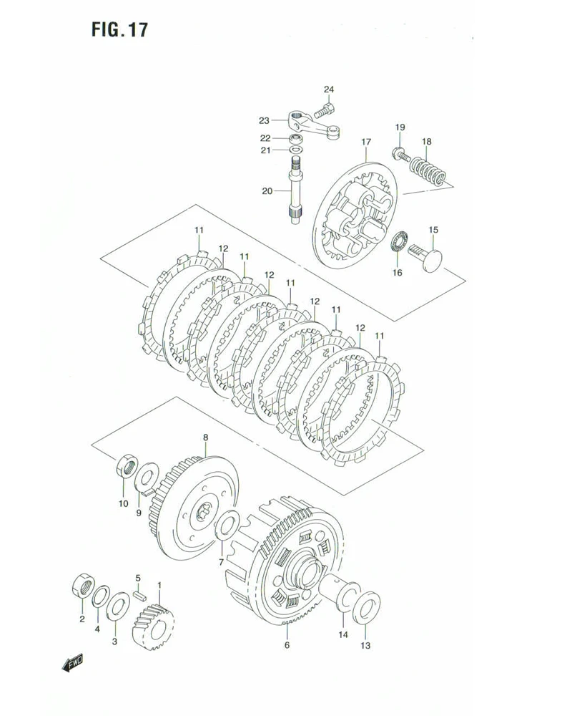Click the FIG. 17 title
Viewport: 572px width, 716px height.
pyautogui.click(x=119, y=30)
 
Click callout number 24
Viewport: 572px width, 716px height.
pyautogui.click(x=328, y=89)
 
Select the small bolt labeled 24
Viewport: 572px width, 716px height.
pyautogui.click(x=326, y=110)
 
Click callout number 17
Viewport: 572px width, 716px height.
pyautogui.click(x=365, y=142)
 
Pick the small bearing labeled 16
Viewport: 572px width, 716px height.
pyautogui.click(x=399, y=241)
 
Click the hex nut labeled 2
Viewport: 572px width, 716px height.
pyautogui.click(x=82, y=586)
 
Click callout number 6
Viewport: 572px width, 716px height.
pyautogui.click(x=287, y=645)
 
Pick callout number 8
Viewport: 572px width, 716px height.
pyautogui.click(x=205, y=437)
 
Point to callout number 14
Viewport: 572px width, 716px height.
pyautogui.click(x=343, y=634)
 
